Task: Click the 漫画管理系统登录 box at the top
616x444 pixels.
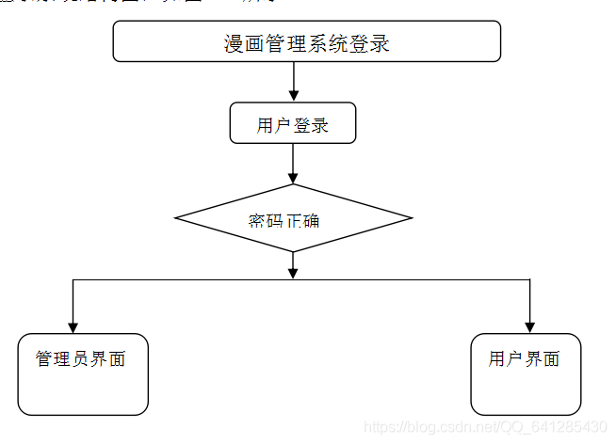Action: pyautogui.click(x=306, y=41)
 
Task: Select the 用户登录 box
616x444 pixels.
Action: pyautogui.click(x=293, y=123)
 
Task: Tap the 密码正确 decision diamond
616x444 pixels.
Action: pyautogui.click(x=293, y=218)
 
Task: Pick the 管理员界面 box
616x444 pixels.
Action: pyautogui.click(x=83, y=373)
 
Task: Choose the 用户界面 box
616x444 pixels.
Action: pyautogui.click(x=526, y=373)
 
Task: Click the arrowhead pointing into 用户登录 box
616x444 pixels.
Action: pyautogui.click(x=293, y=95)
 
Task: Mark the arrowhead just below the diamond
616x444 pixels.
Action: pyautogui.click(x=293, y=272)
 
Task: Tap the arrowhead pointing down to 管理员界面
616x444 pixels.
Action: pyautogui.click(x=73, y=326)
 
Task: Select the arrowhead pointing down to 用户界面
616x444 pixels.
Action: pyautogui.click(x=530, y=326)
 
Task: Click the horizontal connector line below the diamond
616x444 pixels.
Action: pyautogui.click(x=188, y=279)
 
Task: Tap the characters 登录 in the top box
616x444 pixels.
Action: pyautogui.click(x=373, y=43)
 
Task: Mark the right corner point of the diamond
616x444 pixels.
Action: pyautogui.click(x=411, y=218)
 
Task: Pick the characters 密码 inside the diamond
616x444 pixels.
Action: pyautogui.click(x=266, y=221)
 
